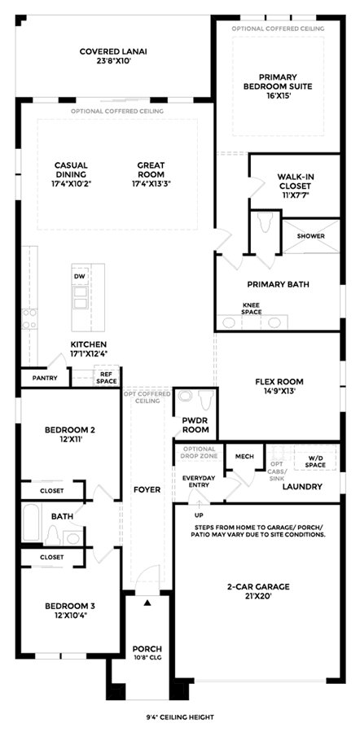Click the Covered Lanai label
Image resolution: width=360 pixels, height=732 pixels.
pyautogui.click(x=110, y=55)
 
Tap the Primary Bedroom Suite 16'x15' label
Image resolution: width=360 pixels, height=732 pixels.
pyautogui.click(x=279, y=85)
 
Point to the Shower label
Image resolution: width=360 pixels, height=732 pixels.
pyautogui.click(x=311, y=236)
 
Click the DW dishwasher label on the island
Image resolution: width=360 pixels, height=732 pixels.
pyautogui.click(x=79, y=276)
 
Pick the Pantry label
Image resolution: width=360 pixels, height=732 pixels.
pyautogui.click(x=45, y=378)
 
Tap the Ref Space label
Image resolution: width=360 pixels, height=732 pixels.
pyautogui.click(x=106, y=378)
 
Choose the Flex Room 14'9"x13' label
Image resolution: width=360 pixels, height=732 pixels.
pyautogui.click(x=279, y=386)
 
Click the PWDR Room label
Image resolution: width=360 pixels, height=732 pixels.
pyautogui.click(x=195, y=425)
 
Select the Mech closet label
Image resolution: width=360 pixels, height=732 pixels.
pyautogui.click(x=244, y=456)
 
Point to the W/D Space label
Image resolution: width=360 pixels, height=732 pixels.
pyautogui.click(x=315, y=461)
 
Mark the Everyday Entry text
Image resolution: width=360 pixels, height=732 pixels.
pyautogui.click(x=199, y=481)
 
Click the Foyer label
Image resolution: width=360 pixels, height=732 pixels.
pyautogui.click(x=147, y=489)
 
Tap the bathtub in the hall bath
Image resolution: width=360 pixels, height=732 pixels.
pyautogui.click(x=32, y=523)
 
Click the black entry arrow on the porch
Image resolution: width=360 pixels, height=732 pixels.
pyautogui.click(x=147, y=603)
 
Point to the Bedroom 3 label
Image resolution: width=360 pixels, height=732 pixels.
pyautogui.click(x=70, y=610)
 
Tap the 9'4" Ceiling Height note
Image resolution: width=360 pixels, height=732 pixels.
pyautogui.click(x=180, y=717)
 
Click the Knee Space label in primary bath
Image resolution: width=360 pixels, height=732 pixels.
pyautogui.click(x=252, y=309)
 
